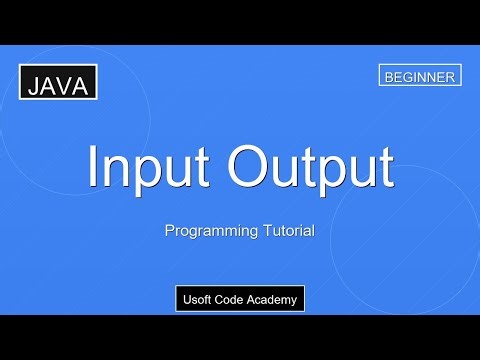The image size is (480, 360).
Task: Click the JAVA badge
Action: pos(58,86)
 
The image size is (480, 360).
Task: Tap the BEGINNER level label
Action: pos(420,76)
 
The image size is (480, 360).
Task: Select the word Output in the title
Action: pos(310,168)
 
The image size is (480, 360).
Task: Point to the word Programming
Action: pos(205,231)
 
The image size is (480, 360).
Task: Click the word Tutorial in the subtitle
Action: pos(283,230)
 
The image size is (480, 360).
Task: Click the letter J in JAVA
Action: pos(33,87)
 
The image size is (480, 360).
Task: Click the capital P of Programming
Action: pos(169,230)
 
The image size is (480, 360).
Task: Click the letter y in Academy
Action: pos(294,301)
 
